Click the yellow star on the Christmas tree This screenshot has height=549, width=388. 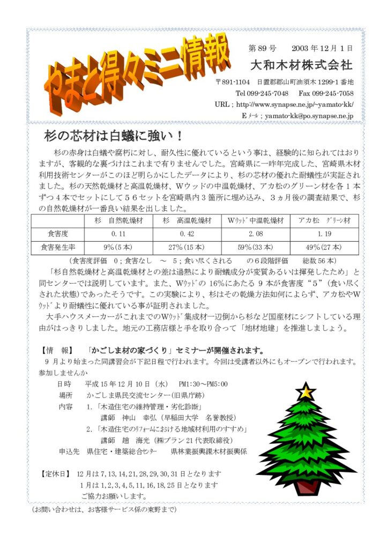point(306,391)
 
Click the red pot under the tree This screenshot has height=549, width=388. point(307,487)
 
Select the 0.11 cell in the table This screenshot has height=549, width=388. point(118,234)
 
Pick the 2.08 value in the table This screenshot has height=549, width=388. point(256,234)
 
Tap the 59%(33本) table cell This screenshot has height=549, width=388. point(256,248)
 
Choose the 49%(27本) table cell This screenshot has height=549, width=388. point(324,248)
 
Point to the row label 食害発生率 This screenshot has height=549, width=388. point(58,248)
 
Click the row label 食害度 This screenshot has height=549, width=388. point(58,234)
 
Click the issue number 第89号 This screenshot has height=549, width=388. point(263,48)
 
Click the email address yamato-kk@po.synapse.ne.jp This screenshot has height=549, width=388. point(307,116)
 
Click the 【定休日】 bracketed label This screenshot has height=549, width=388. point(56,474)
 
